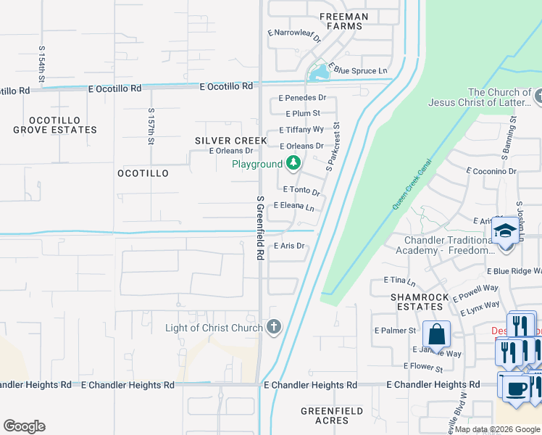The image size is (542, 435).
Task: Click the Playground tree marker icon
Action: point(293,163)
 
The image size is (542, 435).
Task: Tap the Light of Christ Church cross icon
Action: point(273,327)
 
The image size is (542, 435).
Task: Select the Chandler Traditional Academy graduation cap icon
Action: point(504,232)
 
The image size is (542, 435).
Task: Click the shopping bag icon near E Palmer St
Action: point(436,335)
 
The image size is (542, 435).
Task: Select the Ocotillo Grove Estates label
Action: point(54,125)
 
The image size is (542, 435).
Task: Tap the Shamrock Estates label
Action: point(417,302)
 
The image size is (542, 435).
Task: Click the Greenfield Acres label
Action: point(332,416)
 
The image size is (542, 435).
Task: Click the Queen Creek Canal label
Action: point(412,185)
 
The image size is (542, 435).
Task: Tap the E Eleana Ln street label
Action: point(294,207)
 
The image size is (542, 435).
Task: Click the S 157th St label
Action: point(151,127)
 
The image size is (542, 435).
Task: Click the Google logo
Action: point(24,426)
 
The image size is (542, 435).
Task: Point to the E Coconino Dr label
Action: point(491,171)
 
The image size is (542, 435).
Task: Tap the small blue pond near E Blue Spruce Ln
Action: point(317,72)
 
